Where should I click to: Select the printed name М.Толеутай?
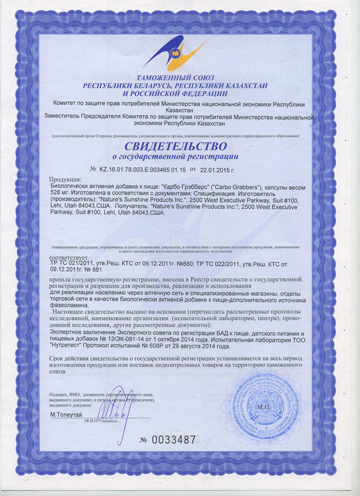click(68, 415)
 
